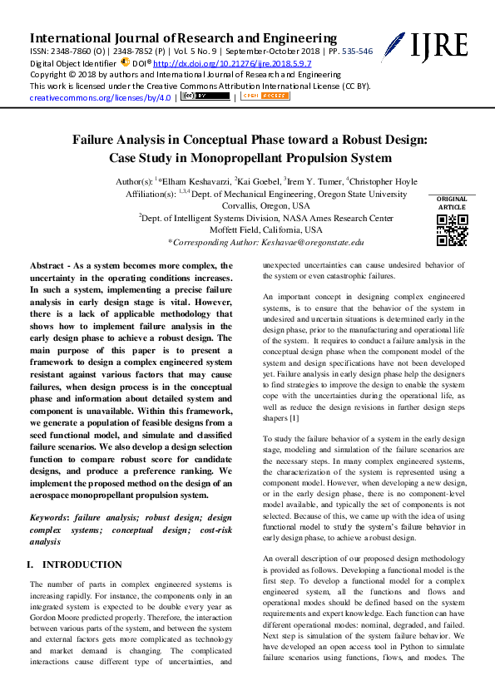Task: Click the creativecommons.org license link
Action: pos(101,97)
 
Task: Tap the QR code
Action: pos(452,230)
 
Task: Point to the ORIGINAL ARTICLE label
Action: pos(452,203)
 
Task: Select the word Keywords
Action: pos(48,517)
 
